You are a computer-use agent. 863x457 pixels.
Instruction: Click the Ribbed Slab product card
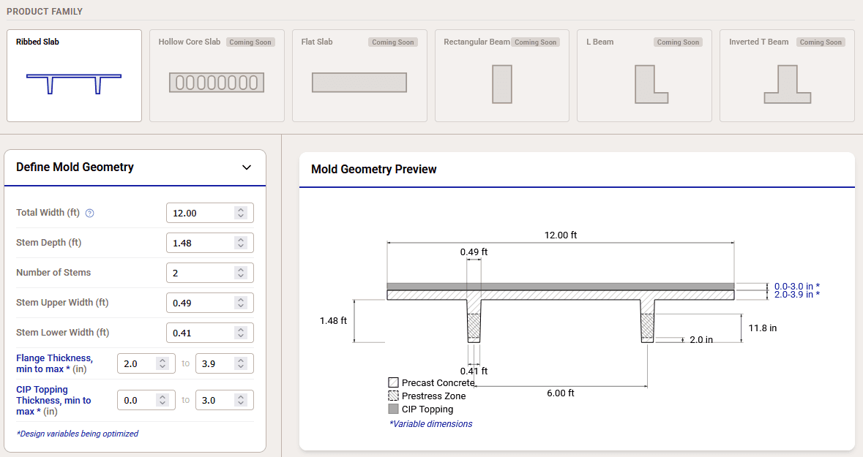tap(74, 75)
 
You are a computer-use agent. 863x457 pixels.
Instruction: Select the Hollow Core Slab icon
tap(216, 82)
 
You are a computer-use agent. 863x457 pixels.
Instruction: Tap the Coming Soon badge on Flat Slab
tap(393, 42)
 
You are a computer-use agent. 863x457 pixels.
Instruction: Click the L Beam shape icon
tap(650, 83)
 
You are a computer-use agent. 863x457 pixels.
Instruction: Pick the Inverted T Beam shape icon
tap(787, 83)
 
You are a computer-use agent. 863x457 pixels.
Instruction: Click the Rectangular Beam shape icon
tap(502, 83)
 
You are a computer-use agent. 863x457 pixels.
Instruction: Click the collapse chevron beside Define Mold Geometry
tap(247, 167)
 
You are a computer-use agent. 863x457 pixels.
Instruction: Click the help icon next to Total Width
tap(90, 214)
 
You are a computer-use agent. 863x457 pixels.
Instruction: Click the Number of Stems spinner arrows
tap(241, 273)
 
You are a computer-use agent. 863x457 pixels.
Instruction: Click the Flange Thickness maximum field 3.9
tap(215, 363)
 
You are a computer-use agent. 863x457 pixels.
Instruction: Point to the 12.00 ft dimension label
tap(560, 235)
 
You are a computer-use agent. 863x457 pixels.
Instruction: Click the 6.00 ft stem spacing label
tap(560, 393)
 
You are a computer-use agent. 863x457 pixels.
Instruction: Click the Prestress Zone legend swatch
tap(393, 396)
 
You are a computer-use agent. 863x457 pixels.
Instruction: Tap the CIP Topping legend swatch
tap(393, 409)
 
